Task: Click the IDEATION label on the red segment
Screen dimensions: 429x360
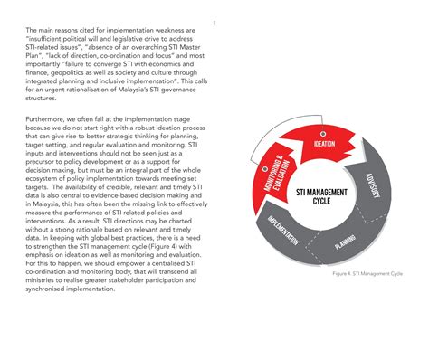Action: [323, 143]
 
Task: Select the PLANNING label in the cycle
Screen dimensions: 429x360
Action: [344, 242]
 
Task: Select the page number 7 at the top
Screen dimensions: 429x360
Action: [214, 23]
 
